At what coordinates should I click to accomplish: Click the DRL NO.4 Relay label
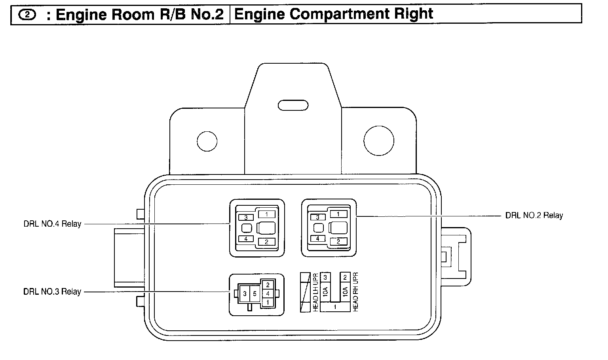pyautogui.click(x=52, y=224)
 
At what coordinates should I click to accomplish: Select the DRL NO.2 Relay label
pyautogui.click(x=534, y=216)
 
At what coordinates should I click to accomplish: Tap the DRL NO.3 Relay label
pyautogui.click(x=52, y=292)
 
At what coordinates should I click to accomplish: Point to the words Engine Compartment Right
pyautogui.click(x=334, y=14)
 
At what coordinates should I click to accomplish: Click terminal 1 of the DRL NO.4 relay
pyautogui.click(x=267, y=214)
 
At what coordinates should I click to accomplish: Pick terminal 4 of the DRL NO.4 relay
pyautogui.click(x=246, y=239)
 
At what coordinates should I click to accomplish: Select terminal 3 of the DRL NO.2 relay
pyautogui.click(x=317, y=217)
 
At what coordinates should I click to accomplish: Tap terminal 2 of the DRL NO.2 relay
pyautogui.click(x=338, y=241)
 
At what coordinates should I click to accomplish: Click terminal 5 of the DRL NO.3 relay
pyautogui.click(x=255, y=294)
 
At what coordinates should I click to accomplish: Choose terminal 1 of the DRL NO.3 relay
pyautogui.click(x=268, y=302)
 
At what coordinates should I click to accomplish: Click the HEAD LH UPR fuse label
pyautogui.click(x=315, y=292)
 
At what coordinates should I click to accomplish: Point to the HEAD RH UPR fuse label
pyautogui.click(x=355, y=292)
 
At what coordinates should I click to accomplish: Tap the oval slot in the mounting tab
pyautogui.click(x=293, y=105)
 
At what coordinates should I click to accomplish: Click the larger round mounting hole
pyautogui.click(x=379, y=140)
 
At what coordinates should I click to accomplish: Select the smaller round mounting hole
pyautogui.click(x=207, y=141)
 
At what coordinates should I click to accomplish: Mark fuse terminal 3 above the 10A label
pyautogui.click(x=325, y=277)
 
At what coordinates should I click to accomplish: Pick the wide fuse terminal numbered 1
pyautogui.click(x=335, y=307)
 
